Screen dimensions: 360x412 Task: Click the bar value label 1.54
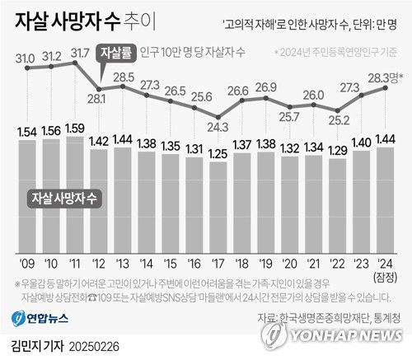tap(27, 132)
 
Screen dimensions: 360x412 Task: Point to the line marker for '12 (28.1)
tap(99, 88)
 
